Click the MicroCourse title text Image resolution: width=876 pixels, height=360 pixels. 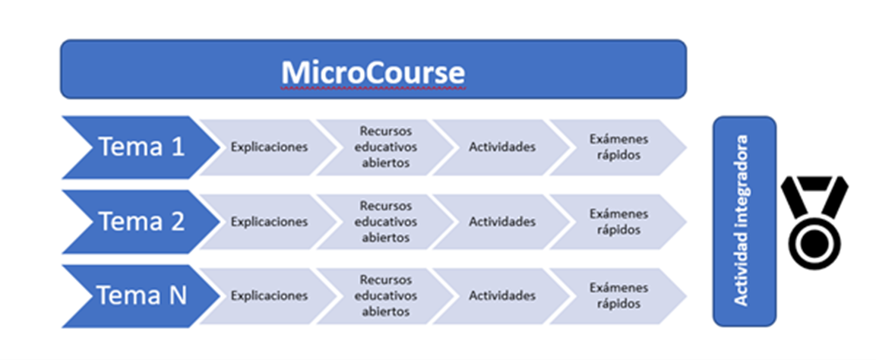point(372,73)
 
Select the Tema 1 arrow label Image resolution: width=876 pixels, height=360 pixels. point(142,147)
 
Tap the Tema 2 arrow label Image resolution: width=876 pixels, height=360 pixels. point(142,222)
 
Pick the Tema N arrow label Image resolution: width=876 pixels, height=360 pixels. point(142,295)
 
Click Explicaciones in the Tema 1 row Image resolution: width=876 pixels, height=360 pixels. point(269,147)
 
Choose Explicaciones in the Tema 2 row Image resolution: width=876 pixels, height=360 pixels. point(269,222)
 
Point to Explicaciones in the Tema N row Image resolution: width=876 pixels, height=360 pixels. point(269,295)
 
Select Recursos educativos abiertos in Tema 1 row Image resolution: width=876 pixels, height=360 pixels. point(385,147)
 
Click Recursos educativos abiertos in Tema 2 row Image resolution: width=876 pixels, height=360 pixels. point(385,222)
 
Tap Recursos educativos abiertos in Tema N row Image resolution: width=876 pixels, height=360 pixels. point(385,295)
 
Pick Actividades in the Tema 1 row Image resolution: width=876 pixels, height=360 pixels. point(502,147)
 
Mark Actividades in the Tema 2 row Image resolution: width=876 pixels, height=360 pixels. point(502,222)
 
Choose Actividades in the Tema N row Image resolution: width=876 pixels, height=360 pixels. point(502,295)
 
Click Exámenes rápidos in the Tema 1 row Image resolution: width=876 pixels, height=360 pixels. point(618,147)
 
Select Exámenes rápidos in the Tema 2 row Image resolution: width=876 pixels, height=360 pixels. point(618,222)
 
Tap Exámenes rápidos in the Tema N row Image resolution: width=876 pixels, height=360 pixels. point(618,295)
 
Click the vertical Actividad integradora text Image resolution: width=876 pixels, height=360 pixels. point(742,220)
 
